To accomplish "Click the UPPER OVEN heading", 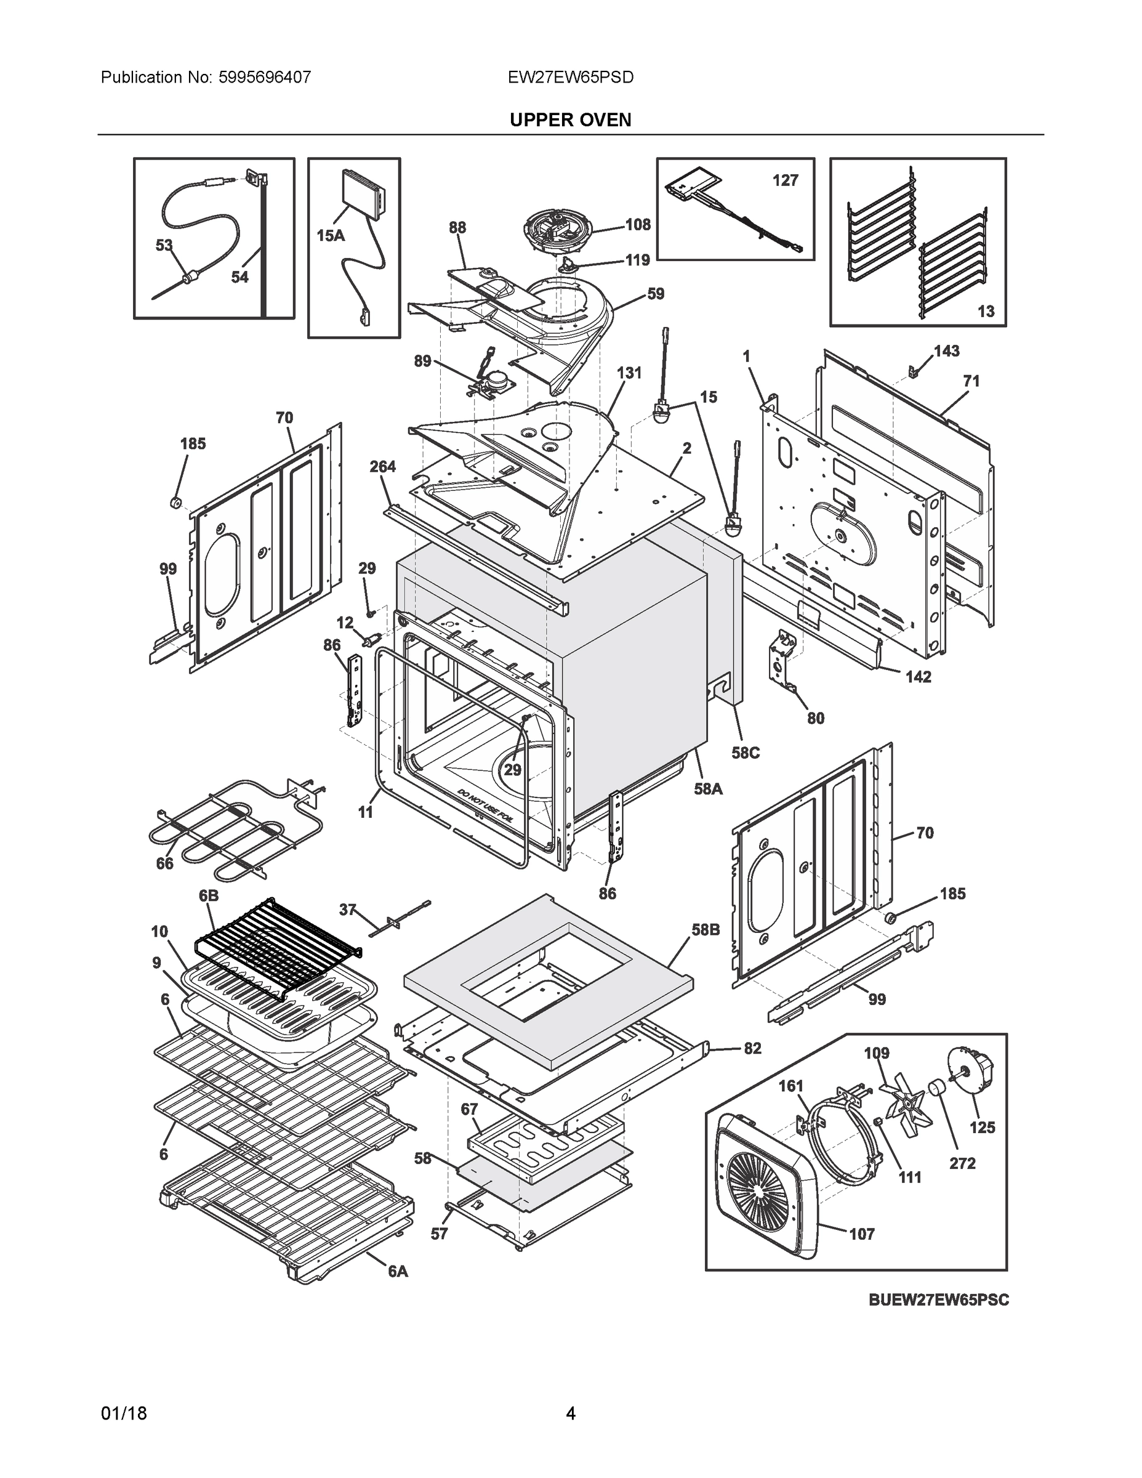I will [x=569, y=120].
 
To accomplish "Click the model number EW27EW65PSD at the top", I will [x=570, y=77].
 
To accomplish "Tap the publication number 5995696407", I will [x=265, y=77].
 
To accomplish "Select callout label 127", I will [x=785, y=180].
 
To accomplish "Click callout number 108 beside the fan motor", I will [x=637, y=224].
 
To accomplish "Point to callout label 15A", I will [x=330, y=235].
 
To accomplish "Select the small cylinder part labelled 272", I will [x=938, y=1090].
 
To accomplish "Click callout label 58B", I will [x=705, y=930].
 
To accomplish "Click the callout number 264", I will [x=383, y=466].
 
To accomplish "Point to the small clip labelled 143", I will [x=912, y=371].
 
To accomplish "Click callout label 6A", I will [x=398, y=1271].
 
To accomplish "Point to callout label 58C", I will [x=745, y=753].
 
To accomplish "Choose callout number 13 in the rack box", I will [x=986, y=310].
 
